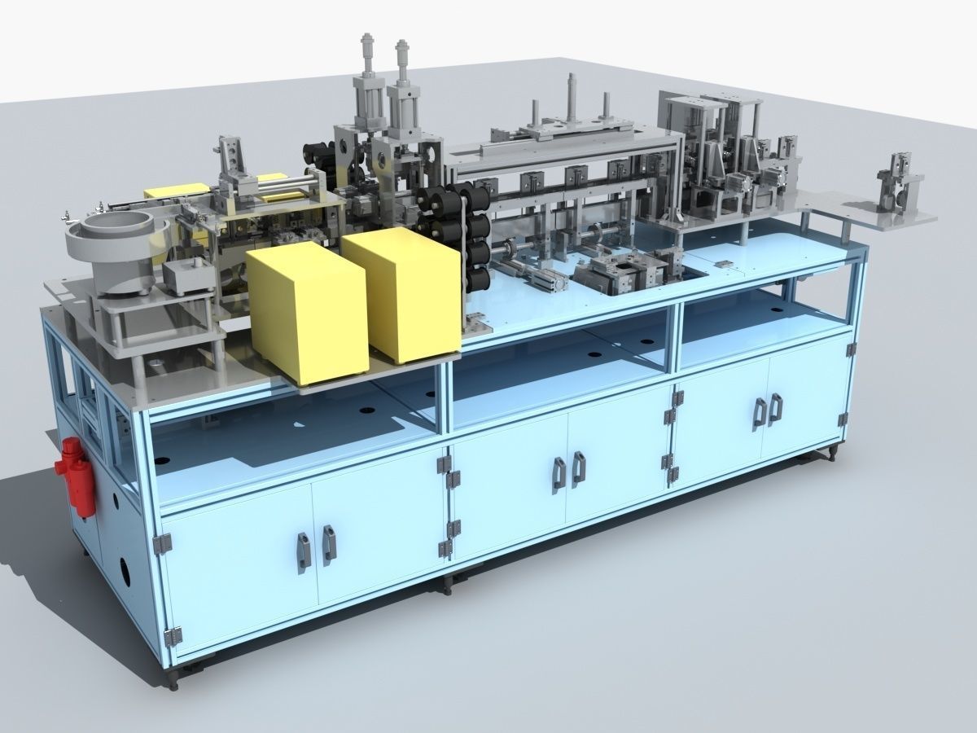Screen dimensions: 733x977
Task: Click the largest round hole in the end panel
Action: (123, 571)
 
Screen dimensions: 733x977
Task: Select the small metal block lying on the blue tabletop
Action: (722, 263)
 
